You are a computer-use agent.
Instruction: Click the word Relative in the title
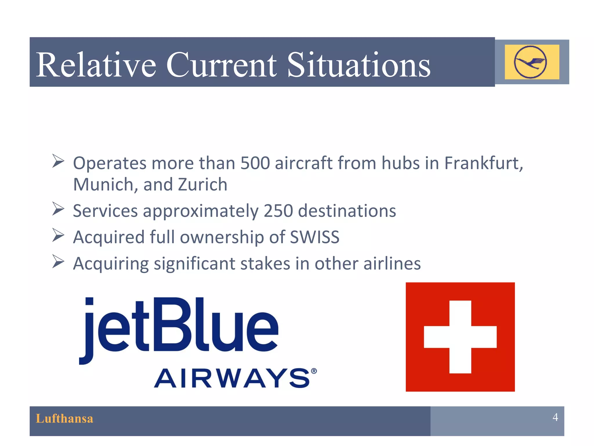(x=96, y=65)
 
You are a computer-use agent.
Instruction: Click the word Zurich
(x=202, y=185)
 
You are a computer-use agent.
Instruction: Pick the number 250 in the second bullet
(x=278, y=211)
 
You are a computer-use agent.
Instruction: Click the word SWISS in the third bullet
(x=315, y=237)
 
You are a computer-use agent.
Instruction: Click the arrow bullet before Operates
(x=58, y=161)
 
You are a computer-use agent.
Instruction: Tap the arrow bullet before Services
(x=58, y=209)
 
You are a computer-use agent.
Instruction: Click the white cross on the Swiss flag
(x=460, y=337)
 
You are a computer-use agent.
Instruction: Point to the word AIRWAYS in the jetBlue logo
(x=232, y=378)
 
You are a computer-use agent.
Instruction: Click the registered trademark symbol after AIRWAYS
(x=314, y=371)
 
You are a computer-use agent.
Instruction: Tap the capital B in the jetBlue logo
(x=171, y=325)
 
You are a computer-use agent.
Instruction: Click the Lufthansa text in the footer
(x=64, y=419)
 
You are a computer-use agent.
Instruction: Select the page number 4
(x=555, y=417)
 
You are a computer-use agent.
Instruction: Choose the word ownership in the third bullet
(x=222, y=237)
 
